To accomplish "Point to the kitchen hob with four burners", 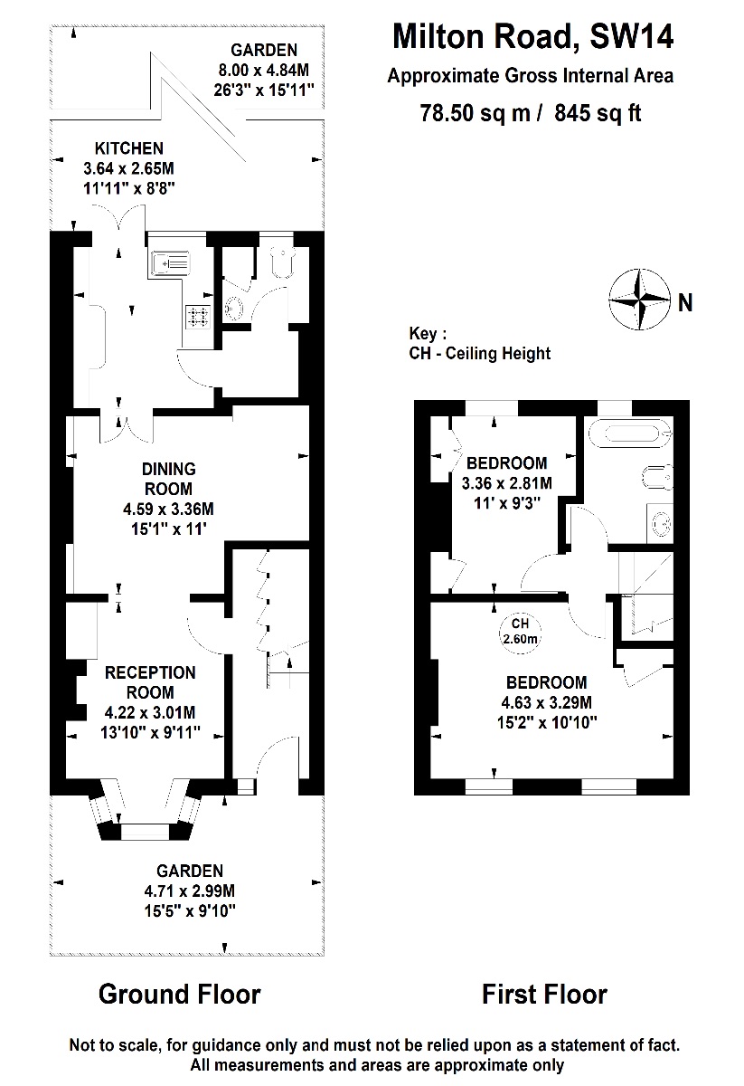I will pos(198,316).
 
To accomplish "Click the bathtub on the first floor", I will pos(629,433).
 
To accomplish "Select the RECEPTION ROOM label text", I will pos(150,682).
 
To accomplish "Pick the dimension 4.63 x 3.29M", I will pos(547,702).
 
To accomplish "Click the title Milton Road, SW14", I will pos(532,38).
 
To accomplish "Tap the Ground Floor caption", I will pos(179,995).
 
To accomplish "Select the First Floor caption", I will pos(544,995).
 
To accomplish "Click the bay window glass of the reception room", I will pos(144,830).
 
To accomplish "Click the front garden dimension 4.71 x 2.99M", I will pos(190,891).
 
